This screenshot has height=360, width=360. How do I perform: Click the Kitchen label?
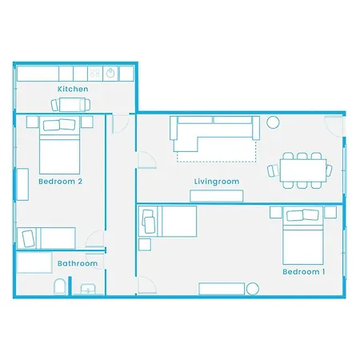(72, 89)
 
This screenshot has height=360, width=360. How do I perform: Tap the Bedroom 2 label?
(60, 182)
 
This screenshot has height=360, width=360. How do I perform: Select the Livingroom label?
(216, 182)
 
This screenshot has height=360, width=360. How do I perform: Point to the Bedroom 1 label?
(303, 272)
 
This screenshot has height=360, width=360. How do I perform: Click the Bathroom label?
(77, 263)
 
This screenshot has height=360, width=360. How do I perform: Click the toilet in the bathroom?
(60, 286)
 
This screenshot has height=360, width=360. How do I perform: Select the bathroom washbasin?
(88, 289)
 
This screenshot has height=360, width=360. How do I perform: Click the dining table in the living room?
(303, 169)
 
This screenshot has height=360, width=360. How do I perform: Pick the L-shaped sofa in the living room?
(212, 132)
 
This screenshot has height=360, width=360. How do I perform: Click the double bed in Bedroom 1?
(302, 236)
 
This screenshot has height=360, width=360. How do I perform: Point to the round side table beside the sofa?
(273, 122)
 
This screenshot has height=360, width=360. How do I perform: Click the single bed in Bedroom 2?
(46, 238)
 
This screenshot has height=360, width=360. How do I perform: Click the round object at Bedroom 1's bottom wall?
(253, 289)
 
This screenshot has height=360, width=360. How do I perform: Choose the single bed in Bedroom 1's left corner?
(168, 221)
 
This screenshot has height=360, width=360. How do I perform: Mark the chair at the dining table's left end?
(274, 170)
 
